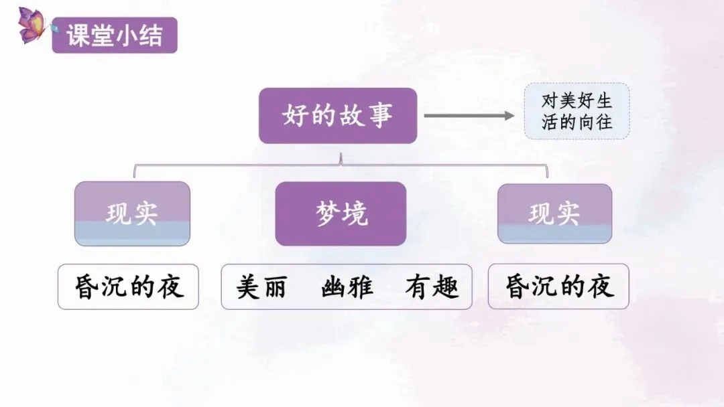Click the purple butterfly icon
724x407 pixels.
[x=32, y=25]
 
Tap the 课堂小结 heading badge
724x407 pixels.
[x=115, y=35]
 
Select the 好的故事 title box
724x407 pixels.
[x=338, y=116]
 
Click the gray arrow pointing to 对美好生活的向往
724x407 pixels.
[x=469, y=116]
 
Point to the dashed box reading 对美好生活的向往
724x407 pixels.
[x=577, y=111]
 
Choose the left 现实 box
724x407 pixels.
[x=132, y=214]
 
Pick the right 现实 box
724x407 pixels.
[x=554, y=214]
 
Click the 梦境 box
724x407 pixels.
[x=341, y=214]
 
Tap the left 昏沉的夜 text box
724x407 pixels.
[x=128, y=287]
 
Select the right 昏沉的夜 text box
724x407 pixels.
[x=558, y=287]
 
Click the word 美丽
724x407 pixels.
[x=261, y=287]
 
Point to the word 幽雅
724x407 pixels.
[x=347, y=287]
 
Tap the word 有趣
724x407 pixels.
[x=432, y=287]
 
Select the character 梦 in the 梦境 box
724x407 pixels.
[x=326, y=214]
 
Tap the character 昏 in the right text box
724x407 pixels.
[x=517, y=287]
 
